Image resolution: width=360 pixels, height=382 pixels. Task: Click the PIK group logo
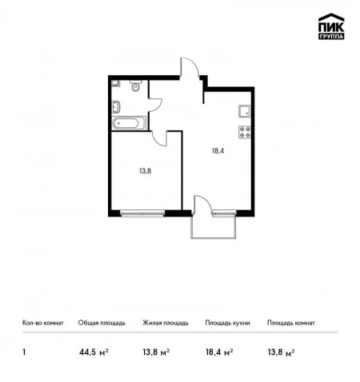331,26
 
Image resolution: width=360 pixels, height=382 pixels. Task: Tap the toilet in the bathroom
136,86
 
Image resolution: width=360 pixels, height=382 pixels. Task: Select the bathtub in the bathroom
129,123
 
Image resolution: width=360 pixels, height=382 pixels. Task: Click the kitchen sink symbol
245,111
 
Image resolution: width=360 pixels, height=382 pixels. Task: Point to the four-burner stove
245,132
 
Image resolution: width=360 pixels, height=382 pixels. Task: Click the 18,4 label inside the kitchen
218,151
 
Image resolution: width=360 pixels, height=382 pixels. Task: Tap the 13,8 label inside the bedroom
146,171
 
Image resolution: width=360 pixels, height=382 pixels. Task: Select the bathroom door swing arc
157,105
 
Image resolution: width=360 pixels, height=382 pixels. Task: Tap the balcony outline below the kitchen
214,238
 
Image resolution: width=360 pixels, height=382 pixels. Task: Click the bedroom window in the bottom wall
142,213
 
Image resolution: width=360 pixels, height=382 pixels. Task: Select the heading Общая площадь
102,323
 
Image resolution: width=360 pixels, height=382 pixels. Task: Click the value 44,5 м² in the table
94,352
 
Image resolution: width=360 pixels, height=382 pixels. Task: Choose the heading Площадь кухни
227,323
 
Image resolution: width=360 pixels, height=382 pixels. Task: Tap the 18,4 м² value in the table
219,352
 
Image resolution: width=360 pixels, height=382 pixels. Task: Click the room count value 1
24,352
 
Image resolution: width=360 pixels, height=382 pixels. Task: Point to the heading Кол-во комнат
43,323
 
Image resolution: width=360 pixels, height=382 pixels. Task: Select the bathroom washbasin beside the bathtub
116,107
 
